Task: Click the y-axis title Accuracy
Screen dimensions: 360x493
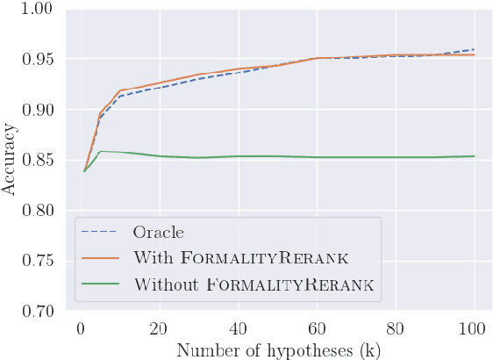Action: pos(10,161)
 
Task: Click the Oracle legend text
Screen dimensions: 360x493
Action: pos(159,233)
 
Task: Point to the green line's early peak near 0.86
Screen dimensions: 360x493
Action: pos(101,151)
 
